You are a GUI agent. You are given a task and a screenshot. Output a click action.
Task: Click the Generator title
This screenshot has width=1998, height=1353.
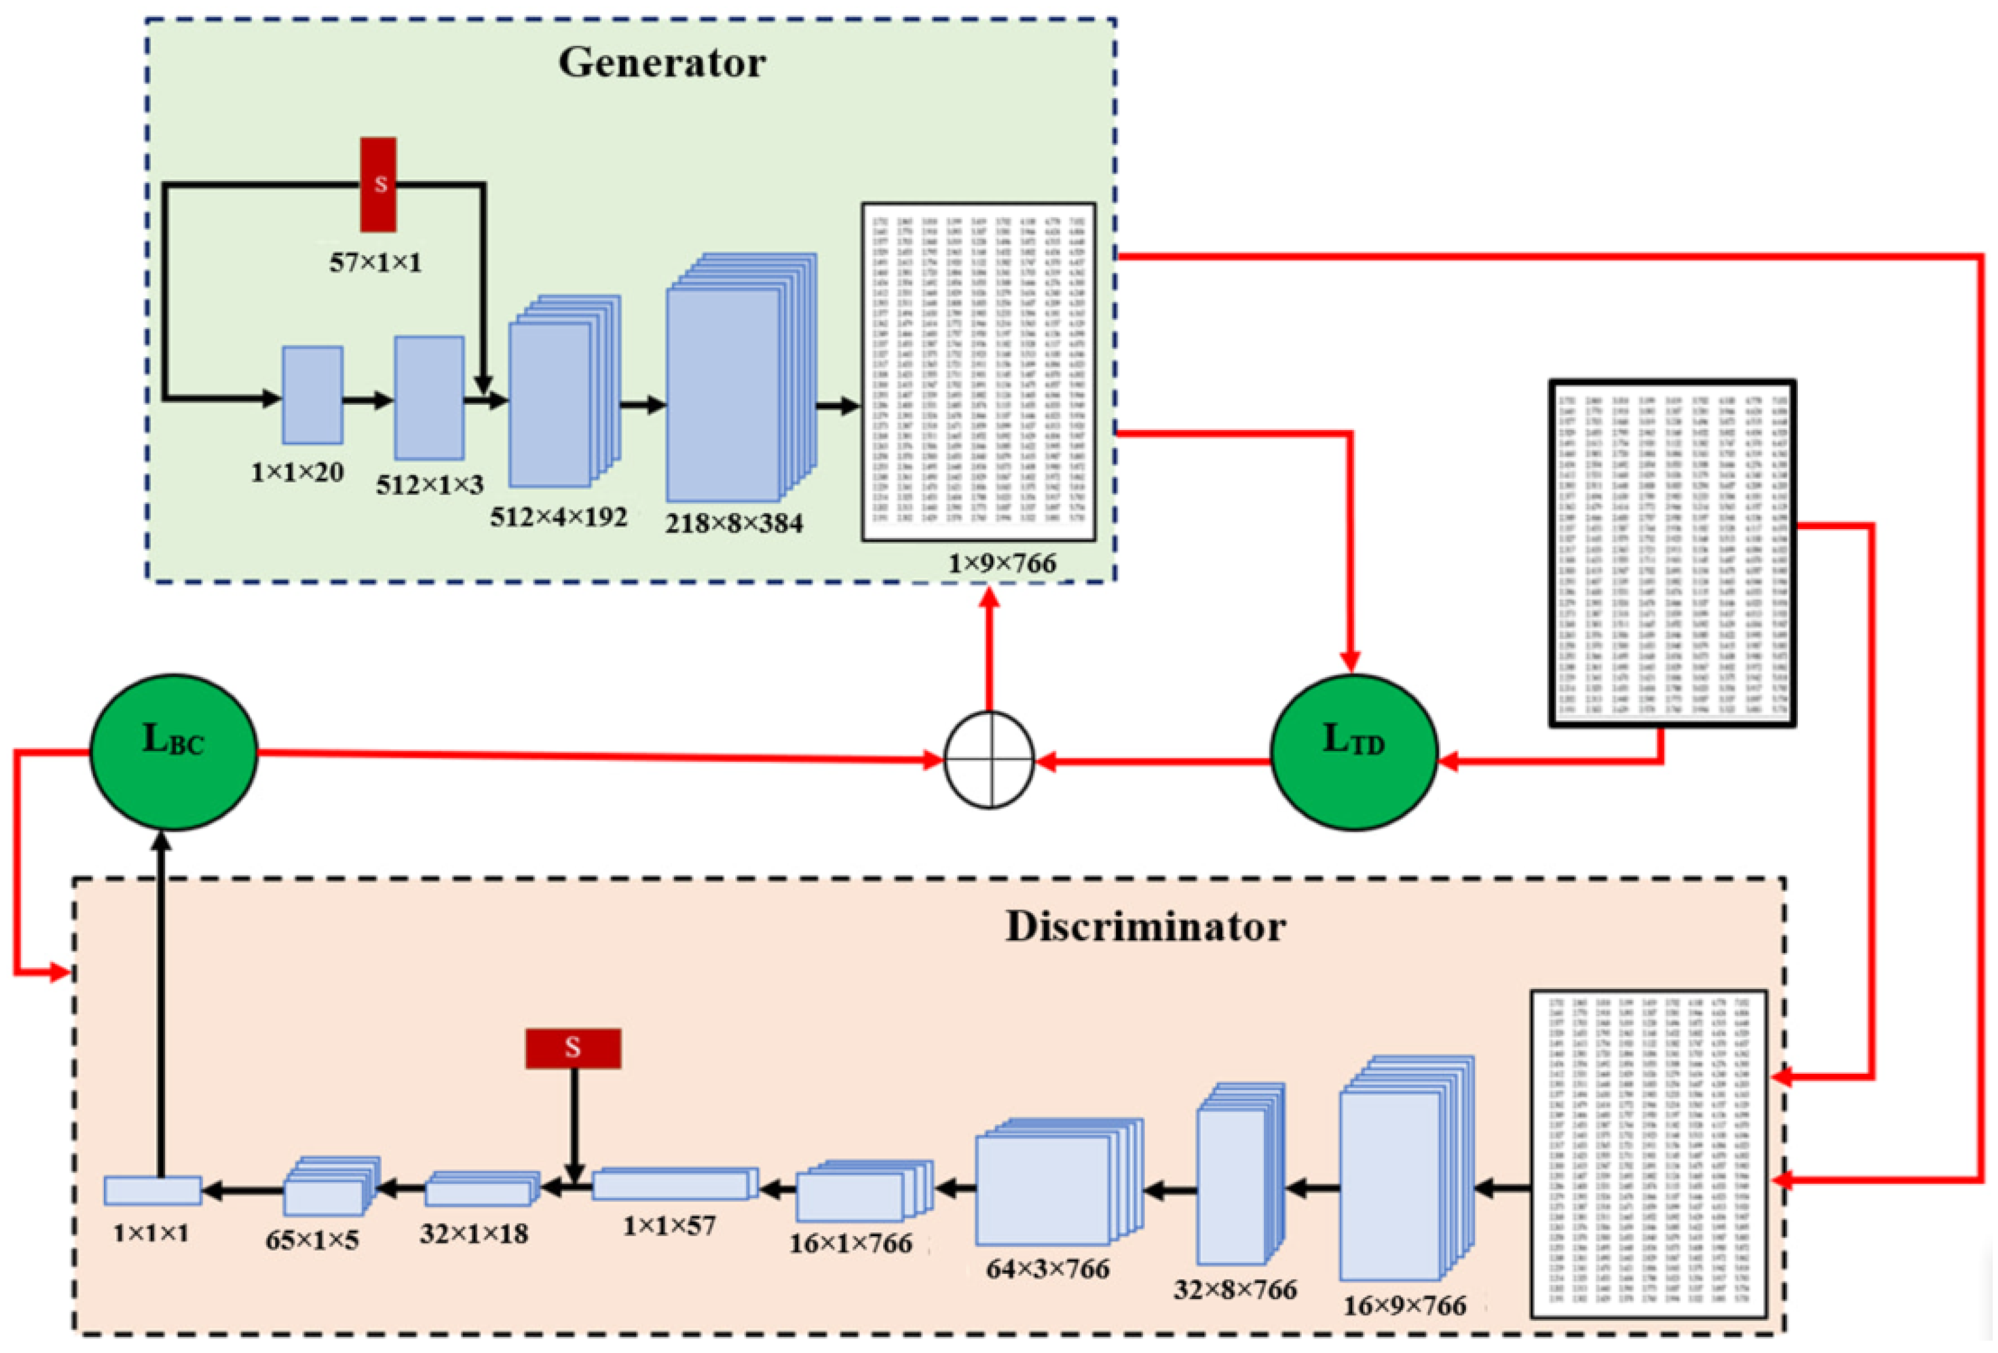(x=661, y=62)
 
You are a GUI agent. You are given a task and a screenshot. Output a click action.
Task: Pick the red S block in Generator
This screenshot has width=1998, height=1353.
(x=378, y=184)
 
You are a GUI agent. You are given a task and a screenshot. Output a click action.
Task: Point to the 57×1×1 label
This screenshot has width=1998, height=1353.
(x=376, y=262)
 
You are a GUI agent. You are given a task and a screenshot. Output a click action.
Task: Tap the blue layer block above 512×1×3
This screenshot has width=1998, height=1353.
(x=428, y=397)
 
